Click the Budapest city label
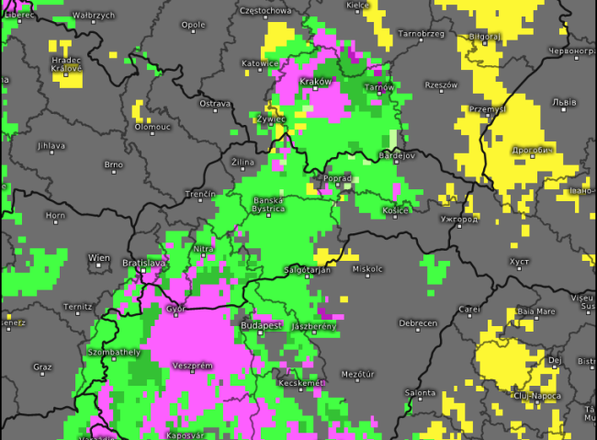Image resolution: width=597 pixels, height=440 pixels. [259, 325]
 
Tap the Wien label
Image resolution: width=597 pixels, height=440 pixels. [99, 258]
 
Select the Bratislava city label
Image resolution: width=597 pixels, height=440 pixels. [144, 263]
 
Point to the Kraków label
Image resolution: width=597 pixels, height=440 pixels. [315, 81]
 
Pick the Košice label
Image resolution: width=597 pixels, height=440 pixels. [395, 210]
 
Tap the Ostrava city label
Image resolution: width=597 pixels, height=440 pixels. [215, 104]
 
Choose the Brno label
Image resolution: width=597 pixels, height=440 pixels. [114, 164]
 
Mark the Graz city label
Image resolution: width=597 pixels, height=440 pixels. [41, 367]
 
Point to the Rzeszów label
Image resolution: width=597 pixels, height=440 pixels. [441, 85]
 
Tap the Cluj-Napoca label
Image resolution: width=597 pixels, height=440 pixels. [534, 396]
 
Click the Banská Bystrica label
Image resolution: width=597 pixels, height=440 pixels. [269, 204]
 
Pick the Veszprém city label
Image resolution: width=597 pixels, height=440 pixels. [193, 365]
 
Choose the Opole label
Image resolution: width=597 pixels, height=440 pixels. [193, 25]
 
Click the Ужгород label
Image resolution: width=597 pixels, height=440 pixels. [458, 220]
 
